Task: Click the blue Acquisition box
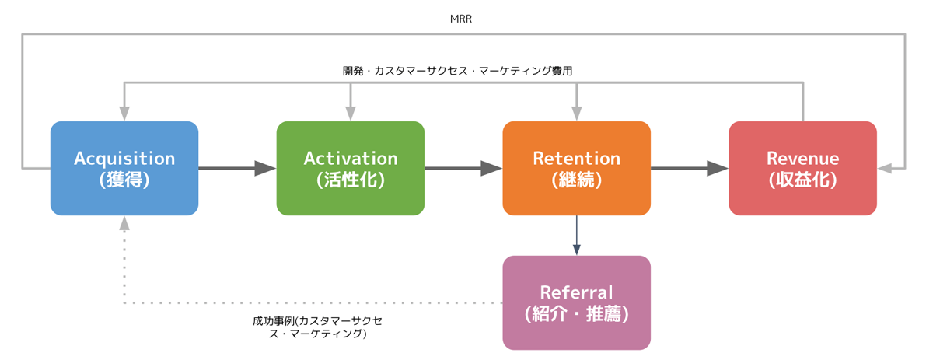[x=124, y=168]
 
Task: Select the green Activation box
[x=351, y=168]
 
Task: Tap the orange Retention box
[x=576, y=168]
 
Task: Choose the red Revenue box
[x=802, y=168]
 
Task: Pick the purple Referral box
[x=576, y=302]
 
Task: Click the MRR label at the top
[x=460, y=19]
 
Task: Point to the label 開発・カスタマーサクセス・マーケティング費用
[x=457, y=71]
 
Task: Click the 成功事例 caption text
[x=317, y=327]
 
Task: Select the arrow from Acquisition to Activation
[x=237, y=168]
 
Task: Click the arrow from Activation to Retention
[x=463, y=168]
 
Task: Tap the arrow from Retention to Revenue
[x=690, y=168]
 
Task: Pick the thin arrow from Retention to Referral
[x=576, y=236]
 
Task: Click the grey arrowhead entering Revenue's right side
[x=885, y=168]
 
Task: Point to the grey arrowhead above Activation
[x=351, y=114]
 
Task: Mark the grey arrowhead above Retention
[x=576, y=114]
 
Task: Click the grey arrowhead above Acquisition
[x=124, y=114]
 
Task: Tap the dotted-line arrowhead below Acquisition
[x=124, y=223]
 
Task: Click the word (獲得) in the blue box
[x=124, y=180]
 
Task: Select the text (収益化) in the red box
[x=802, y=180]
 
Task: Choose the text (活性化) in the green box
[x=351, y=180]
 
